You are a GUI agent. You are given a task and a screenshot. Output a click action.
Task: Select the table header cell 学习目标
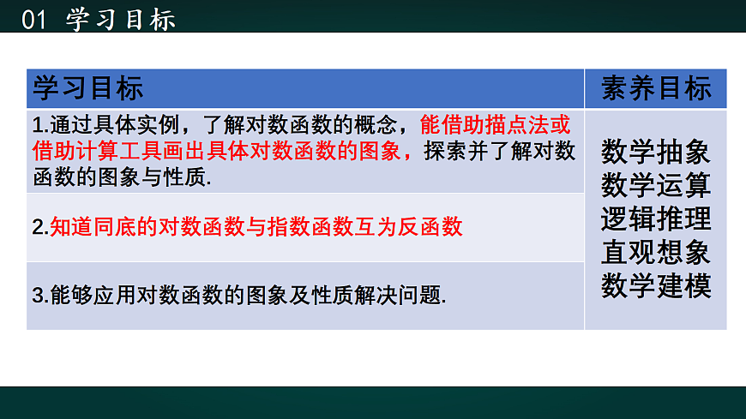point(87,88)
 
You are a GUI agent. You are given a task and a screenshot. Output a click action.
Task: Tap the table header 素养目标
point(656,88)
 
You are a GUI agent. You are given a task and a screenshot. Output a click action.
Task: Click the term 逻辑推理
point(656,218)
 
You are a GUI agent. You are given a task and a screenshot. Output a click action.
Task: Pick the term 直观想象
point(656,252)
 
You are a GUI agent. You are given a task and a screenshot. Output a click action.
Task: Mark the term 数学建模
point(656,284)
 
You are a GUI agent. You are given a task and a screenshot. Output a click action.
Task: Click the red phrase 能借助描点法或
point(495,125)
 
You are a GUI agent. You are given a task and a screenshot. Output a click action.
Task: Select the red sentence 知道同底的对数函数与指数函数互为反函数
point(256,227)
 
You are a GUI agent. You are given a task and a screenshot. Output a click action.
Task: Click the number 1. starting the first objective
point(39,125)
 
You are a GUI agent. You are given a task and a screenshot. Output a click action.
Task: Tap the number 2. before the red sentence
point(39,228)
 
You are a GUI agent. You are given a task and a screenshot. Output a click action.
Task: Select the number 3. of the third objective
point(39,296)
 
